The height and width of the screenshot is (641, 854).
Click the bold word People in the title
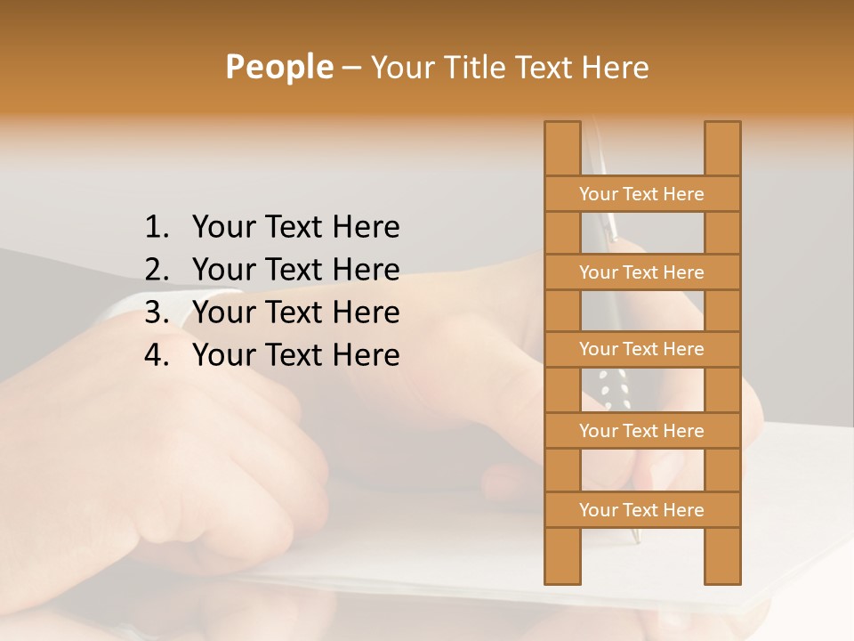click(278, 67)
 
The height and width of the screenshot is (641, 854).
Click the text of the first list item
click(295, 228)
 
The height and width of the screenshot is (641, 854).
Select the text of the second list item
click(295, 270)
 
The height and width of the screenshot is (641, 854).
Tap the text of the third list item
click(295, 312)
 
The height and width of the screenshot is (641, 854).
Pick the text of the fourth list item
click(295, 355)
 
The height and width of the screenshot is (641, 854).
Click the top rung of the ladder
click(641, 194)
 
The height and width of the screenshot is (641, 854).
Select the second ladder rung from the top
click(641, 272)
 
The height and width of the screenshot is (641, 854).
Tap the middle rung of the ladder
click(641, 349)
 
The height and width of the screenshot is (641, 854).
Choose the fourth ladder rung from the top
click(641, 431)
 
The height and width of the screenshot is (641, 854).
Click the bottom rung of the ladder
click(641, 510)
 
